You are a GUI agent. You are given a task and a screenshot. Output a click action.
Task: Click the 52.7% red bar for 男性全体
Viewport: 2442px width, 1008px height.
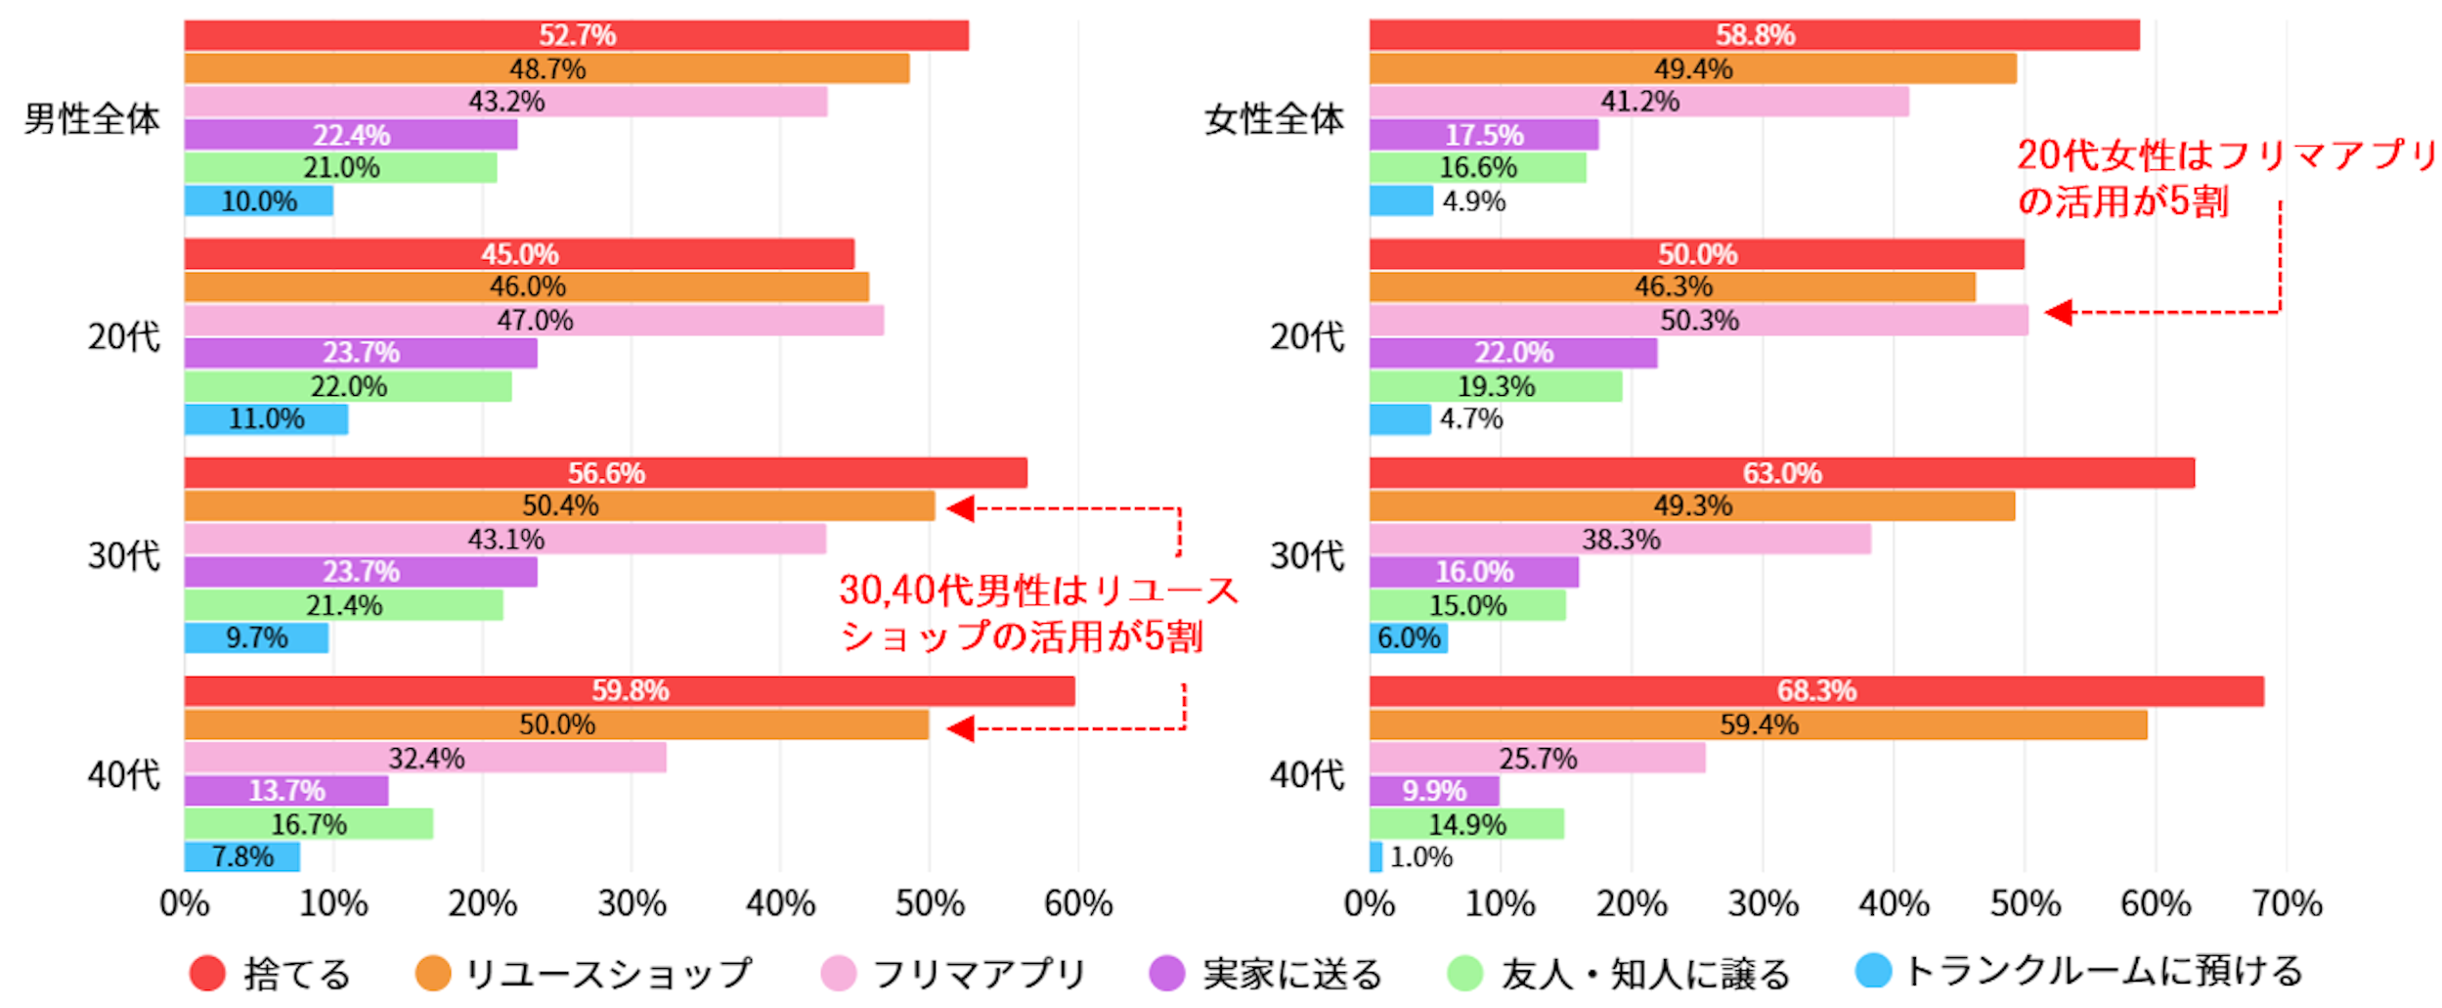[576, 35]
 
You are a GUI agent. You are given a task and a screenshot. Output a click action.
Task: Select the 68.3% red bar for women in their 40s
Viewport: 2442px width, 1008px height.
[1815, 691]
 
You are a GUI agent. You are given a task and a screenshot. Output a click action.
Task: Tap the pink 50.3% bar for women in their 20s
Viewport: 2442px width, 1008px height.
[1698, 320]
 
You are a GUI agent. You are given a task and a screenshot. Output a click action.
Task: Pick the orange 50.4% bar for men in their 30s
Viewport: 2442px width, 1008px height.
[559, 505]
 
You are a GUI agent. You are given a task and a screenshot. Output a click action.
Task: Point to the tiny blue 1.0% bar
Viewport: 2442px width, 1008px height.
[1375, 856]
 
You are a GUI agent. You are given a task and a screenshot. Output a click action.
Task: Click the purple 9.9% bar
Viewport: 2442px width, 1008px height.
[1433, 790]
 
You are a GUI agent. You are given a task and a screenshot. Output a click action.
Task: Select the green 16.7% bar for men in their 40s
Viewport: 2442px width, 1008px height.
[308, 824]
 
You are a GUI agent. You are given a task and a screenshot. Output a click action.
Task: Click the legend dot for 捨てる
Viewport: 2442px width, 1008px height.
[207, 973]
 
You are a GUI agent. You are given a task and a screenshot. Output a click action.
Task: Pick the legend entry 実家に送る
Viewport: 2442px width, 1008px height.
[1291, 973]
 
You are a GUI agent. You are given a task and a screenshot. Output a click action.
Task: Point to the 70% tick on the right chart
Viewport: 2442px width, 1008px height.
[2287, 903]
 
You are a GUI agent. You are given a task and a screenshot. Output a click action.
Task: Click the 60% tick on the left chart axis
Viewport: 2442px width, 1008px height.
[1077, 903]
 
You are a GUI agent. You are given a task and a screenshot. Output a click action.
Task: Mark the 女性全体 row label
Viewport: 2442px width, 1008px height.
[1273, 119]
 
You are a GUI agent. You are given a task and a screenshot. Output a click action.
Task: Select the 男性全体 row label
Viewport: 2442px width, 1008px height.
[92, 119]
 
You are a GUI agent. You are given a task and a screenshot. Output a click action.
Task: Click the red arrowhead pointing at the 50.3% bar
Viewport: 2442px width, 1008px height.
[2059, 313]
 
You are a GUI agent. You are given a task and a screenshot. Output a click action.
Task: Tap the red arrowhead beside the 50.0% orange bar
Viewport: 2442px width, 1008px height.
[960, 728]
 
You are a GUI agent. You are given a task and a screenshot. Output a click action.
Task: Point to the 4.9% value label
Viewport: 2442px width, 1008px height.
[1473, 201]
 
